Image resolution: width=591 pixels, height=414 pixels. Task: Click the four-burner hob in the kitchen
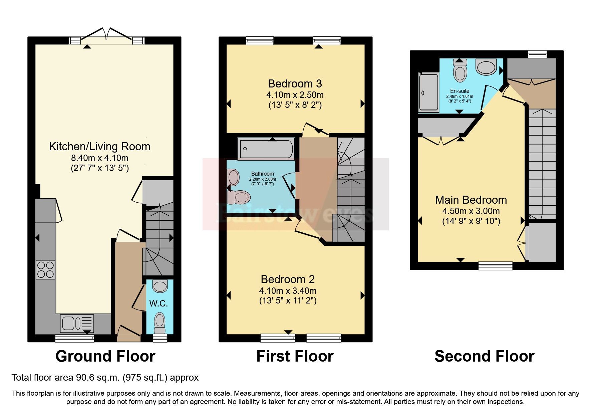click(46, 270)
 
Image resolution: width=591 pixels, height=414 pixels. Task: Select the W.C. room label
click(159, 303)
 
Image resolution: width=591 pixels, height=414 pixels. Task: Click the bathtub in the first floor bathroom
click(267, 149)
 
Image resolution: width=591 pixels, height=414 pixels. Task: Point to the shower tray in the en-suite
click(428, 92)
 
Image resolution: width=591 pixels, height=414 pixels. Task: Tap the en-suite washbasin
click(486, 67)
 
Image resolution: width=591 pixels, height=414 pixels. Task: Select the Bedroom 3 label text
click(295, 83)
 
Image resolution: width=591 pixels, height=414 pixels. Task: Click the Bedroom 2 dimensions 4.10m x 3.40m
click(288, 290)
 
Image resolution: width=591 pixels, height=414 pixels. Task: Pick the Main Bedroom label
click(471, 200)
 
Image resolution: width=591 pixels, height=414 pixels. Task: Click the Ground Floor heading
click(105, 356)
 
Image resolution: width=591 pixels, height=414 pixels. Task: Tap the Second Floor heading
click(484, 356)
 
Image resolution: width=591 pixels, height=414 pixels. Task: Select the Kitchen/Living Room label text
click(99, 146)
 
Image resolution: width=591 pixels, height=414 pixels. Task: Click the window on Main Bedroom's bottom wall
click(495, 266)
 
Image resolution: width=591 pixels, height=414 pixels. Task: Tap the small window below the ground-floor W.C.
click(160, 338)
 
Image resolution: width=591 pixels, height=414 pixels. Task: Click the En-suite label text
click(460, 91)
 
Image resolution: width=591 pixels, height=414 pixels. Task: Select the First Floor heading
click(295, 356)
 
